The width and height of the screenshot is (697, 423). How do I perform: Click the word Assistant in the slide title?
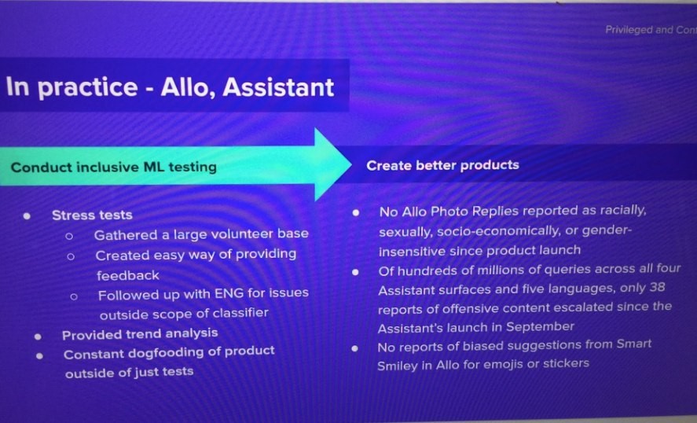[278, 86]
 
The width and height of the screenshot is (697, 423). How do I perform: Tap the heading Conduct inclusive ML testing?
[114, 167]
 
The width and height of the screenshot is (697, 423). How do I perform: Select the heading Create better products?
[442, 165]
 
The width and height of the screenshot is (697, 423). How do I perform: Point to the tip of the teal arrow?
[351, 164]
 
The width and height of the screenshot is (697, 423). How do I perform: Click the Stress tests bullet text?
[92, 215]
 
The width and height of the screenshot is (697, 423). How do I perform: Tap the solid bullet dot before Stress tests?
[28, 216]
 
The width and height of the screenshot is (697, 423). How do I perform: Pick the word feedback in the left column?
[128, 276]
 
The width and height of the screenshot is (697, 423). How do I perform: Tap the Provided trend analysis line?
[140, 334]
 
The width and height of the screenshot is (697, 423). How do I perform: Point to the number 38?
[657, 287]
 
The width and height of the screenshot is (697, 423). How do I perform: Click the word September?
[540, 327]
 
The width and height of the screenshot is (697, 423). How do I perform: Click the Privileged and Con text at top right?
[651, 30]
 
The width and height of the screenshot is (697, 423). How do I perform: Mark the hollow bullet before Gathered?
[69, 236]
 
